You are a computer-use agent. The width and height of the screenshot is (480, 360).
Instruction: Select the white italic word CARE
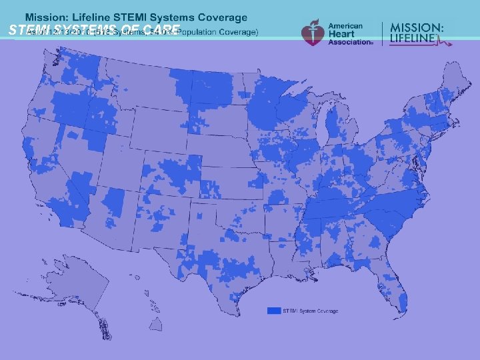pos(161,30)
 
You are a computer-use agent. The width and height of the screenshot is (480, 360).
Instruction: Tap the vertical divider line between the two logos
pos(382,33)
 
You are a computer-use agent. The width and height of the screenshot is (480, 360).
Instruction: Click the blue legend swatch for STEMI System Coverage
pos(273,311)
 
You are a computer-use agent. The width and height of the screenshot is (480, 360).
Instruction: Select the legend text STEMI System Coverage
pos(311,311)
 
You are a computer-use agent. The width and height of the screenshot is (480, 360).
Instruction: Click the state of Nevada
pos(80,160)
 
